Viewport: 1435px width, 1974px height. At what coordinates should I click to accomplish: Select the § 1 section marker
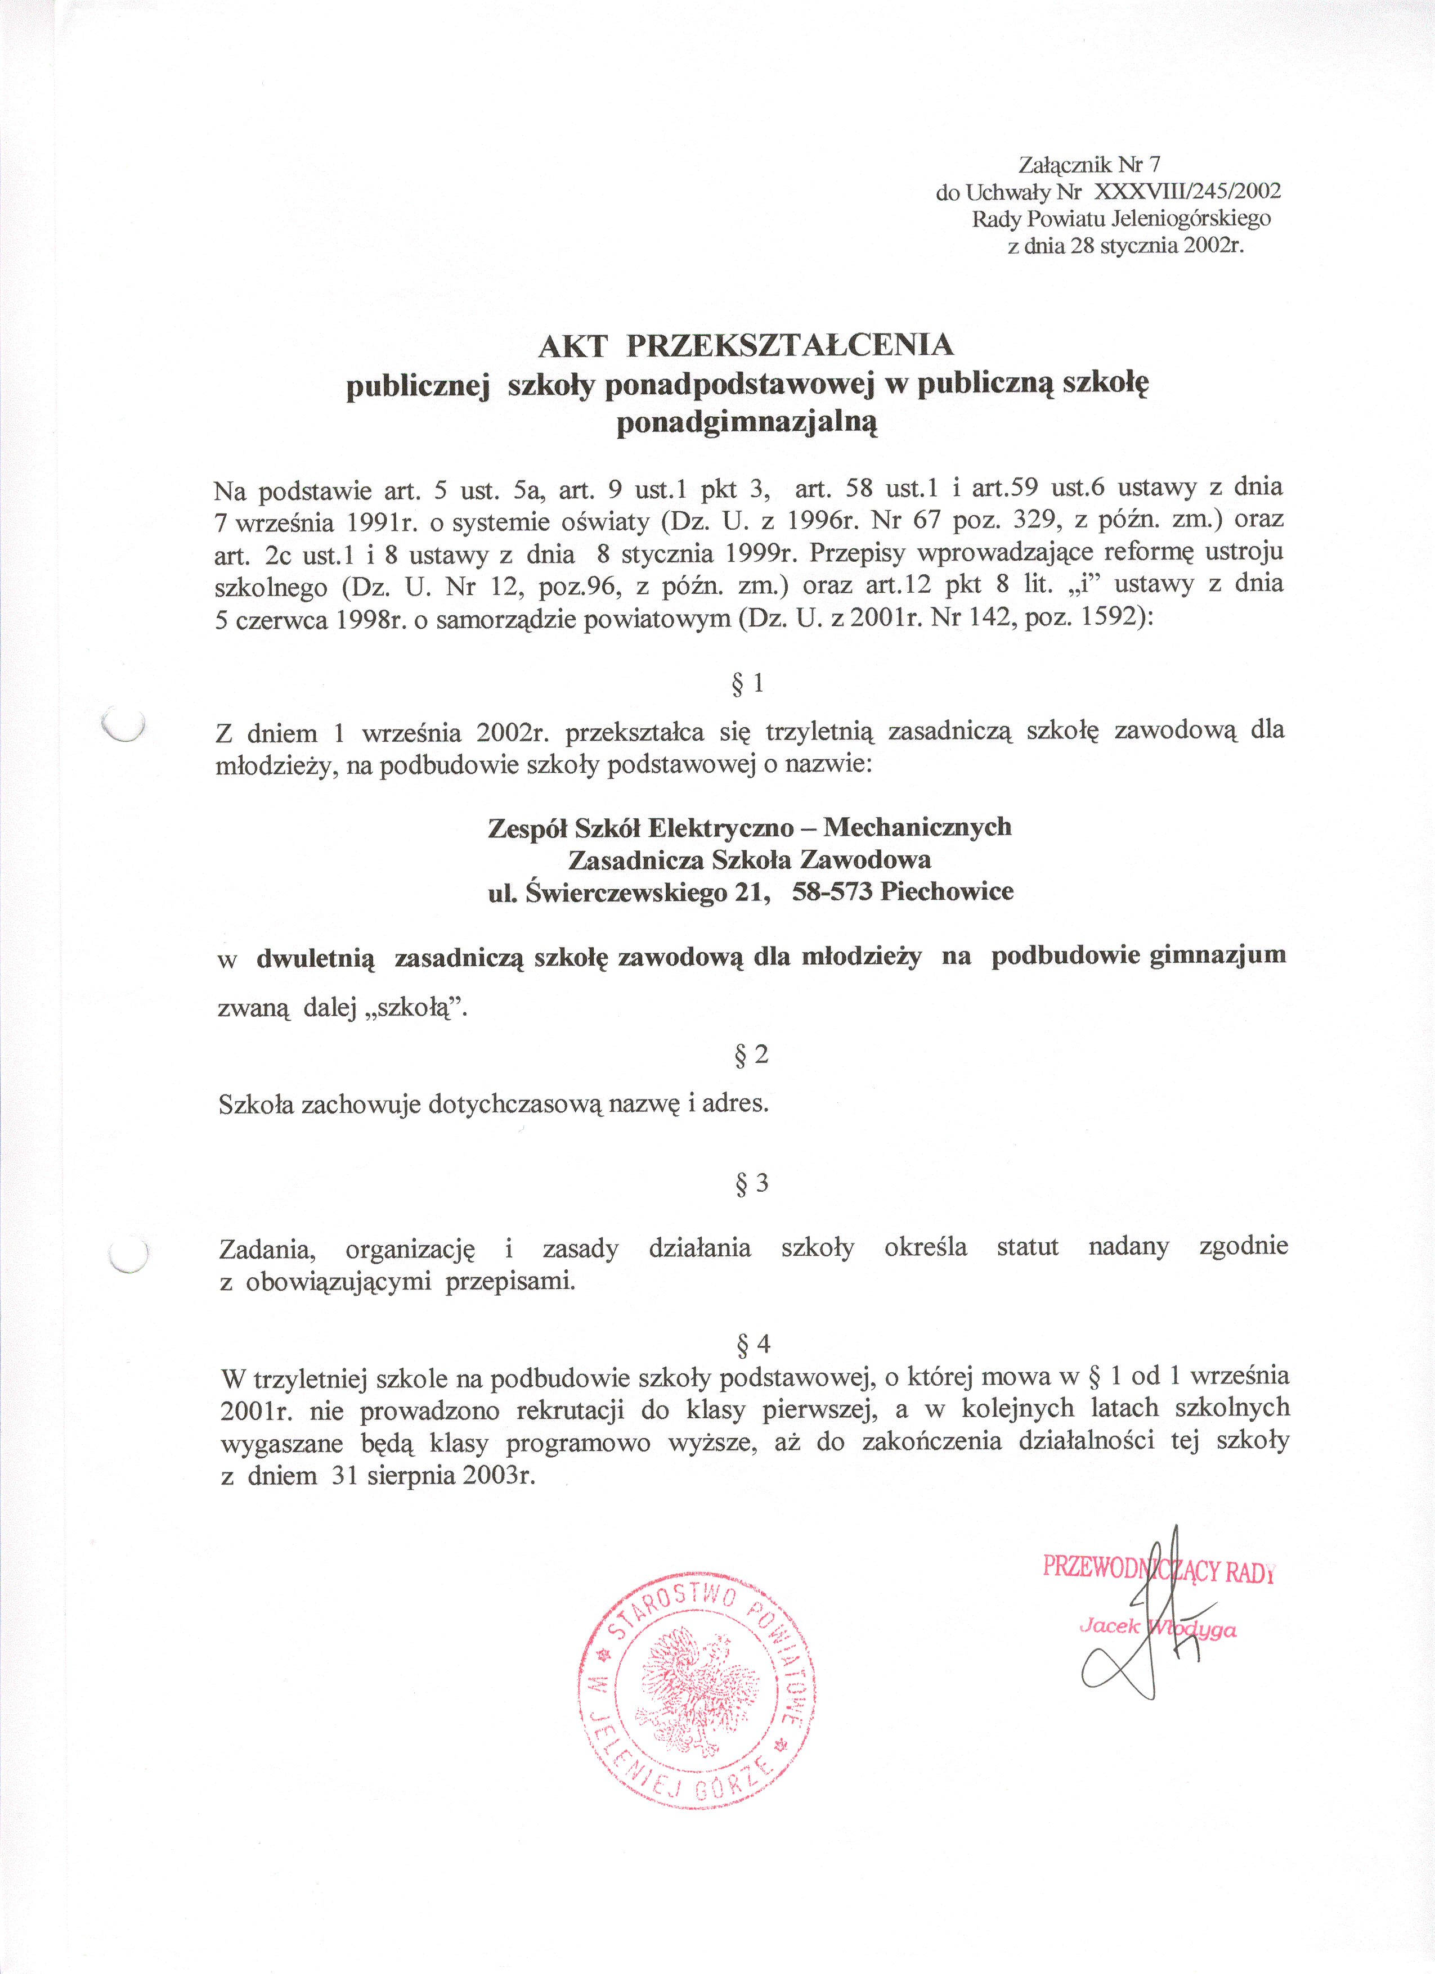point(748,684)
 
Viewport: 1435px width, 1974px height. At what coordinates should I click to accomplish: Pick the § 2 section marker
point(751,1056)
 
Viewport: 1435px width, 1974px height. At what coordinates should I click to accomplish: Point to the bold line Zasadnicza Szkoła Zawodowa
point(749,860)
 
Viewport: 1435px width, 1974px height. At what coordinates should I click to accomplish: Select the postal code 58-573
point(832,892)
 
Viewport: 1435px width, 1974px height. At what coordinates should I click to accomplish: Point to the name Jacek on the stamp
point(1109,1626)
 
